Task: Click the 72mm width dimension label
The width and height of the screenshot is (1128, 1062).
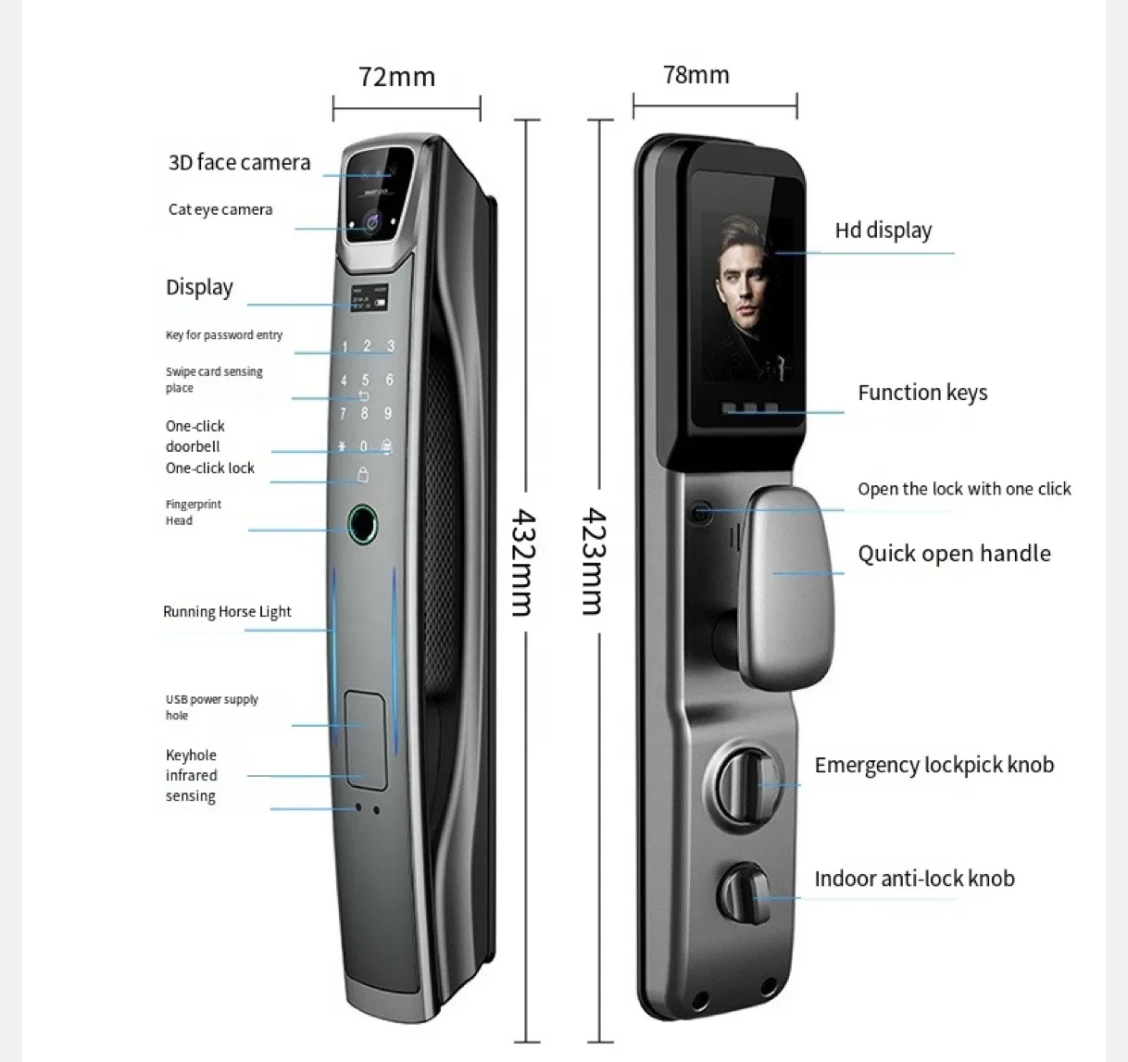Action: click(x=396, y=77)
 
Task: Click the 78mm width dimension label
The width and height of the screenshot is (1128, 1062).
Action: click(x=696, y=75)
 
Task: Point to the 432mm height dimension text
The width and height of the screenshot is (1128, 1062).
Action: click(x=522, y=561)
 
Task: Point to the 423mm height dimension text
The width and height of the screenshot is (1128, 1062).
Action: click(x=593, y=561)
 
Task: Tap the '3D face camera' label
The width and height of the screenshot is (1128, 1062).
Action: click(x=239, y=163)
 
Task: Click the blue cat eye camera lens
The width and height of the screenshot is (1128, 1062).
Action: click(x=371, y=221)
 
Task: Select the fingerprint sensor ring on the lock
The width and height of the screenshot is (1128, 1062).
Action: click(x=363, y=525)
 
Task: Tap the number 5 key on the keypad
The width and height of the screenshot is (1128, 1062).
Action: click(x=366, y=380)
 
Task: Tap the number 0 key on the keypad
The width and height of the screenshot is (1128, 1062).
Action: click(x=363, y=447)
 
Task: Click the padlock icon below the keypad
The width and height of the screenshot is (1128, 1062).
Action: click(x=363, y=476)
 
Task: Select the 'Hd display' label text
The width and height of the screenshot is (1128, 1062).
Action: click(x=883, y=231)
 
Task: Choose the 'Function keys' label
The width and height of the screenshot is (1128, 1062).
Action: click(x=922, y=393)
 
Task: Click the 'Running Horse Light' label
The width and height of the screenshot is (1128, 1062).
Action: click(x=227, y=612)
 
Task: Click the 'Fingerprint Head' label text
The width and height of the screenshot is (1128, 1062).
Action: click(x=193, y=512)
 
